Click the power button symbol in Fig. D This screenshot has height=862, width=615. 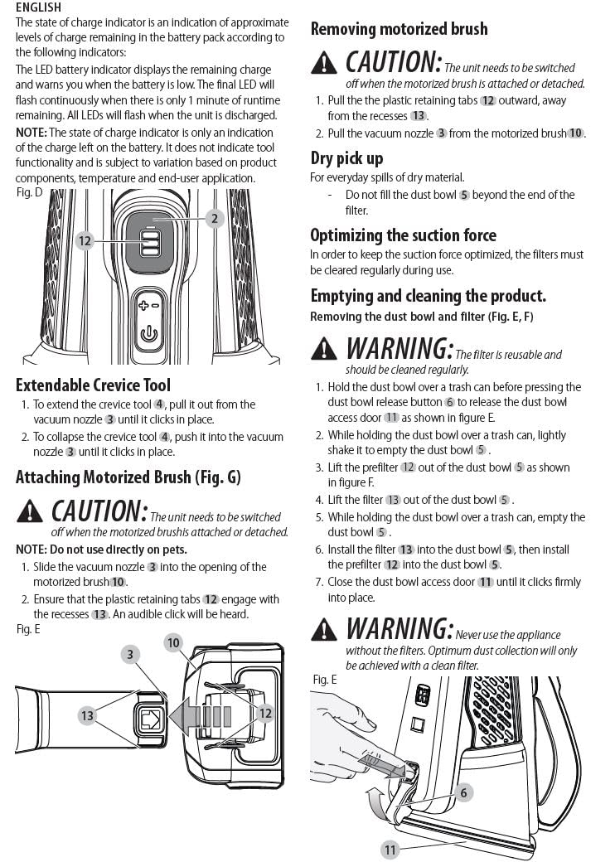tap(149, 334)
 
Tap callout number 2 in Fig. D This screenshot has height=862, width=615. tap(215, 218)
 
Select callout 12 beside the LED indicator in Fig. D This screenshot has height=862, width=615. tap(85, 241)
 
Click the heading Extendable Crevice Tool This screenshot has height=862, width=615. tap(94, 385)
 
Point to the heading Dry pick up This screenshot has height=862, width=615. tap(346, 158)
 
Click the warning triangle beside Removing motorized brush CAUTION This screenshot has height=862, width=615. tap(324, 63)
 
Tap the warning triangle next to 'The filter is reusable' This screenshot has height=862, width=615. tap(324, 349)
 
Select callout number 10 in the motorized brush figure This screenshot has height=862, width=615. tap(173, 642)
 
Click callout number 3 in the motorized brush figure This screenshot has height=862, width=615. tap(130, 654)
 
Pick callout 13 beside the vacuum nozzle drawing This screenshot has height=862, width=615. tap(87, 716)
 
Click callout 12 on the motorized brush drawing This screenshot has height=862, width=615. tap(265, 713)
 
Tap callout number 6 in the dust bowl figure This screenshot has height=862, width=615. tap(463, 792)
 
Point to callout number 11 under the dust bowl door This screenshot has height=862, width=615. tap(390, 850)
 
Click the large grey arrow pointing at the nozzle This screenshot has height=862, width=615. tap(200, 717)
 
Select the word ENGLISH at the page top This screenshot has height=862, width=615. tap(38, 7)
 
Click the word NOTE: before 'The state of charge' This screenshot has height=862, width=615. tap(31, 133)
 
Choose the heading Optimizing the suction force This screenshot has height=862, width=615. tap(404, 235)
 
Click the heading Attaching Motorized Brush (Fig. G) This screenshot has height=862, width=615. tap(128, 477)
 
